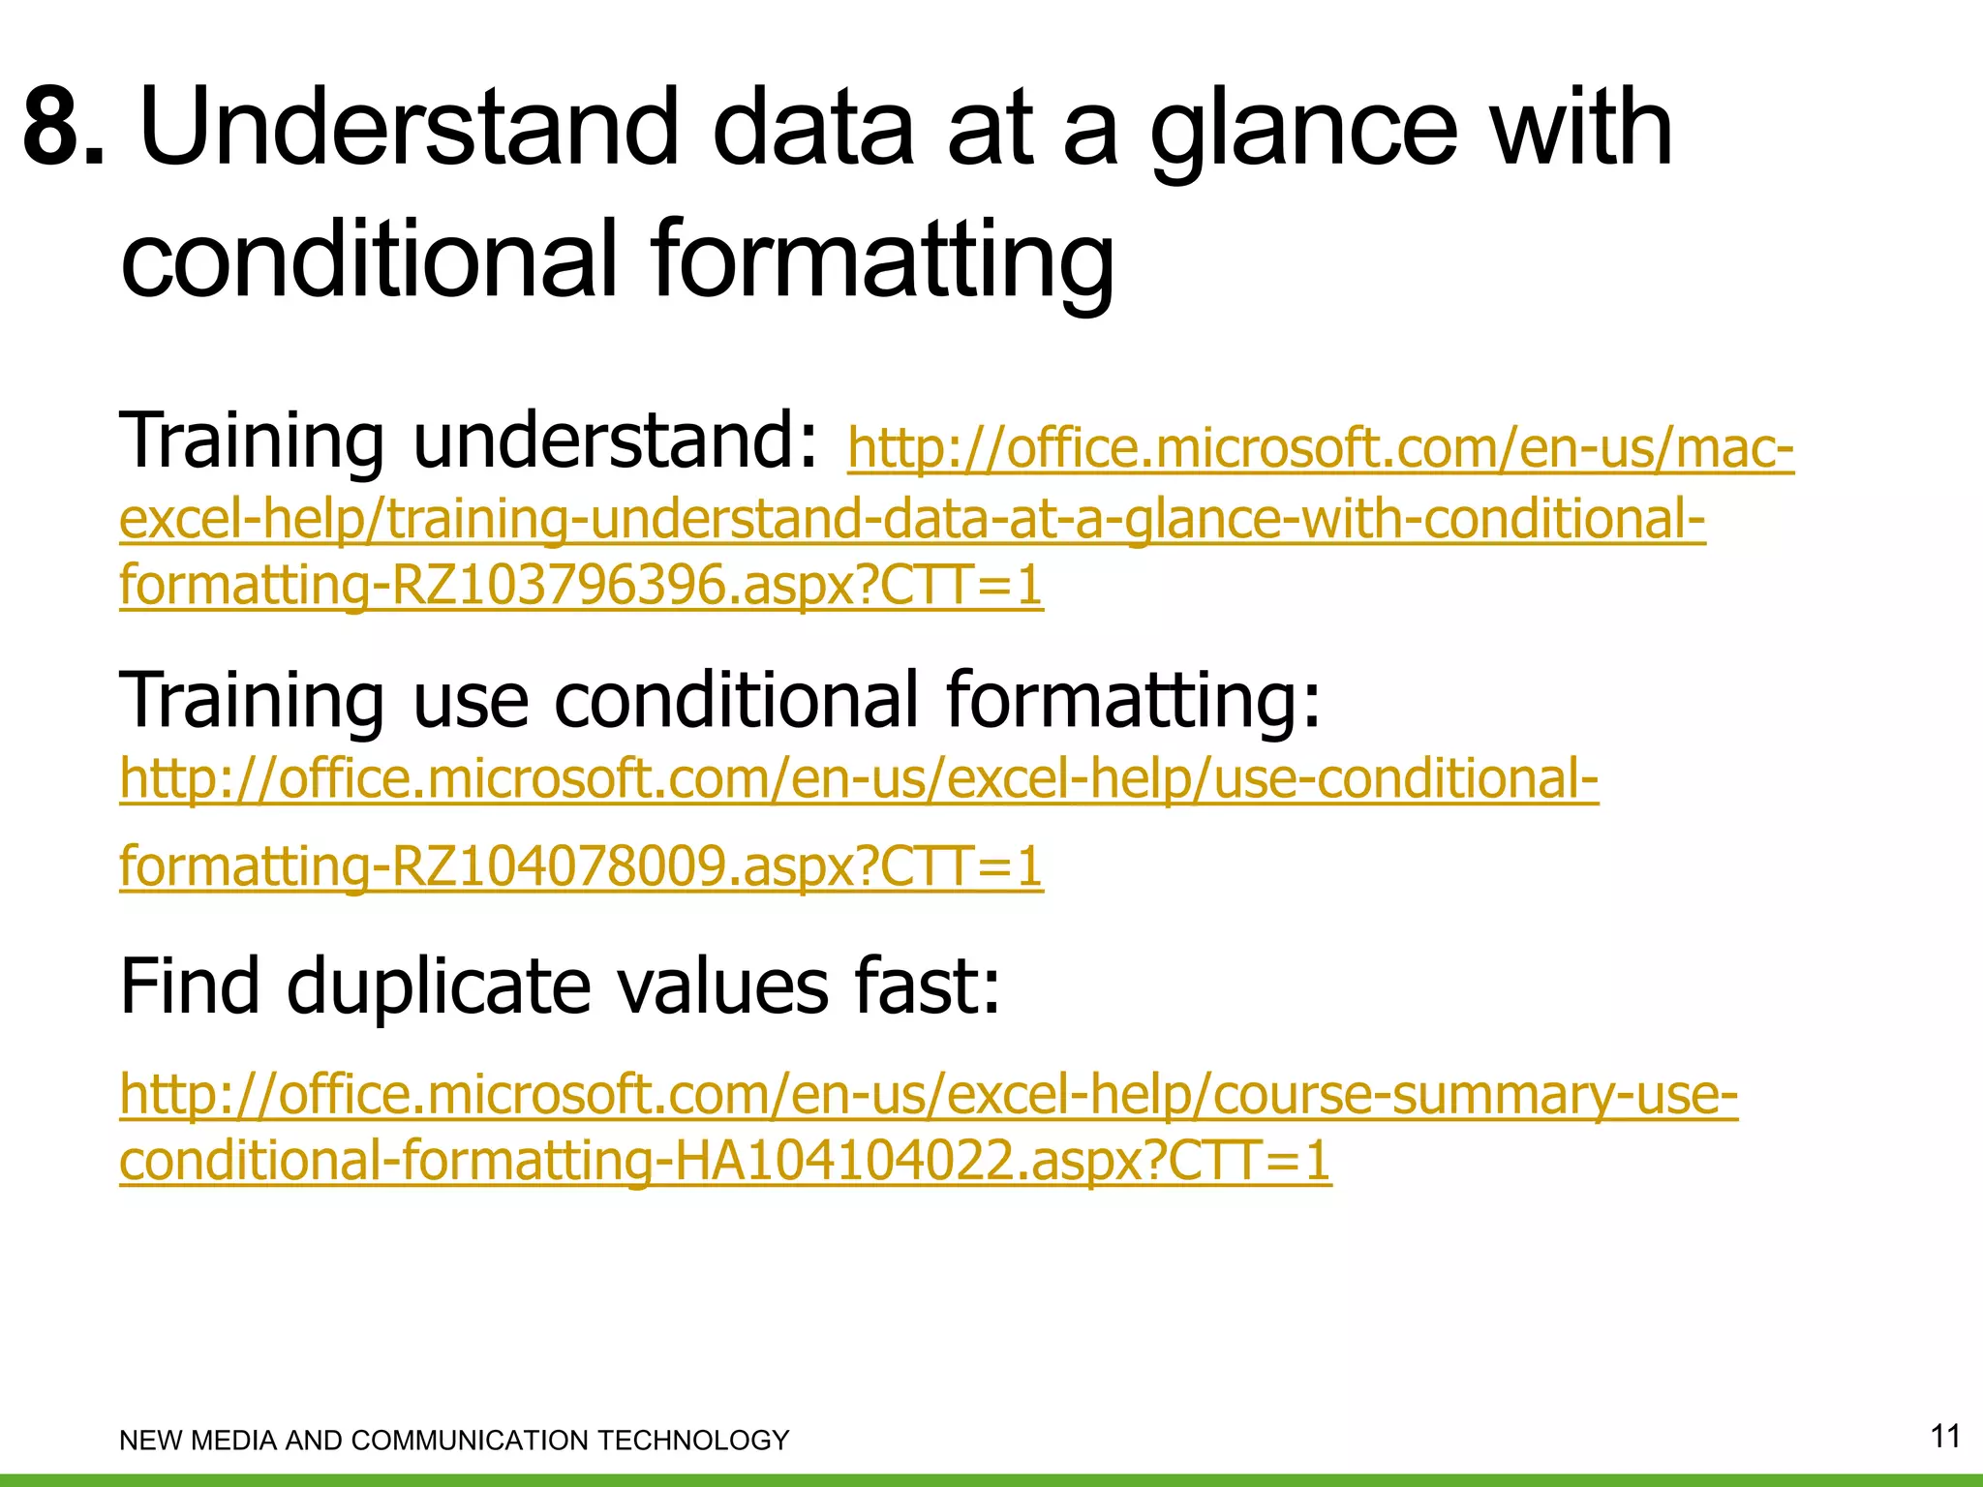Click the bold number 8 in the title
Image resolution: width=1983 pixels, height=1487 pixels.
[x=60, y=128]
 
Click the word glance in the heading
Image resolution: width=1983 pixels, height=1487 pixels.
[x=1303, y=131]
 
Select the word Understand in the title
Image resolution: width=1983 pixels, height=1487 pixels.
[x=409, y=128]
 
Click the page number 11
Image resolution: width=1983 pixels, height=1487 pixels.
[x=1945, y=1436]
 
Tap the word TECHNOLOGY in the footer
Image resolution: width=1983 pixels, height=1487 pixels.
[x=693, y=1441]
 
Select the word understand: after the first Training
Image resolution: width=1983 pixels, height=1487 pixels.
[x=616, y=441]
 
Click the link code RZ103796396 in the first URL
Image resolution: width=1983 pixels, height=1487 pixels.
[x=560, y=585]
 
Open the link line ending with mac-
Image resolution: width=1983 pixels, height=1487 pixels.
[x=1321, y=449]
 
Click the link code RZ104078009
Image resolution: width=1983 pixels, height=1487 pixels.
[x=560, y=865]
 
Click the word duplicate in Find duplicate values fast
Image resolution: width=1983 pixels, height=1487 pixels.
[x=438, y=986]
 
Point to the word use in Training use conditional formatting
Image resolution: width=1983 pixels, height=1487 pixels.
[x=471, y=699]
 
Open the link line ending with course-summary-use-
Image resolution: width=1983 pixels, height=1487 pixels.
[x=929, y=1095]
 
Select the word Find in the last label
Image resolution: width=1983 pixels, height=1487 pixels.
[x=190, y=986]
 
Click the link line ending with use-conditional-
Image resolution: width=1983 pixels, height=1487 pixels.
[x=859, y=779]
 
